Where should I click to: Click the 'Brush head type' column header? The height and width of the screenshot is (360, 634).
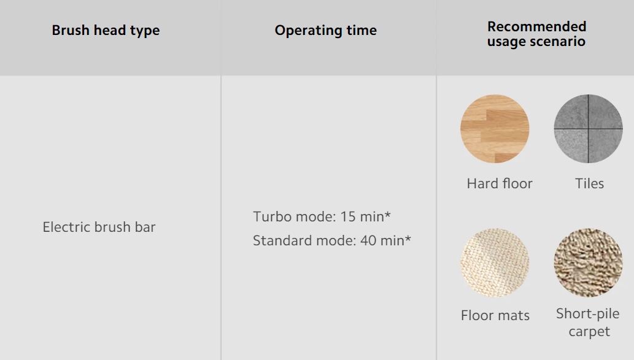106,31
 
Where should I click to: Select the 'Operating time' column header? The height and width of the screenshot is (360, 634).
325,31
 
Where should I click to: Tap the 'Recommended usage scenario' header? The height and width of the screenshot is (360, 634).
536,34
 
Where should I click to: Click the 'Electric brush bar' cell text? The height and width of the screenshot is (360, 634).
99,227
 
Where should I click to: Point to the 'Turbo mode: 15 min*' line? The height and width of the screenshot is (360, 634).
322,216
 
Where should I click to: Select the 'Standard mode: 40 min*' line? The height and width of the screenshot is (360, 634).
332,240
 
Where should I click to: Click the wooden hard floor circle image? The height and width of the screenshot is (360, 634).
495,129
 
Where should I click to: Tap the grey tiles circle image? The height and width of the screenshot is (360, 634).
589,129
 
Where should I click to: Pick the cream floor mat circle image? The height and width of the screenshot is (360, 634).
495,262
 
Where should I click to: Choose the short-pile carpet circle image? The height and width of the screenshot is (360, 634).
589,262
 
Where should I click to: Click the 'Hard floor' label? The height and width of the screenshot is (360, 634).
500,184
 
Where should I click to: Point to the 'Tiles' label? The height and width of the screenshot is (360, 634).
590,184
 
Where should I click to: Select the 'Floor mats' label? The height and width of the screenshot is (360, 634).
495,316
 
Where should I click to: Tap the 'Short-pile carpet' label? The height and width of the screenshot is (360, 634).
588,323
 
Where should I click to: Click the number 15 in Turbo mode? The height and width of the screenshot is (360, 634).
348,216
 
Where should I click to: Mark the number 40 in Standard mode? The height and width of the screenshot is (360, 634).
368,241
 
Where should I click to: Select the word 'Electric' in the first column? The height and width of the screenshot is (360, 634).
67,227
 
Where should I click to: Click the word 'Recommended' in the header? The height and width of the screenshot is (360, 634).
536,26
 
